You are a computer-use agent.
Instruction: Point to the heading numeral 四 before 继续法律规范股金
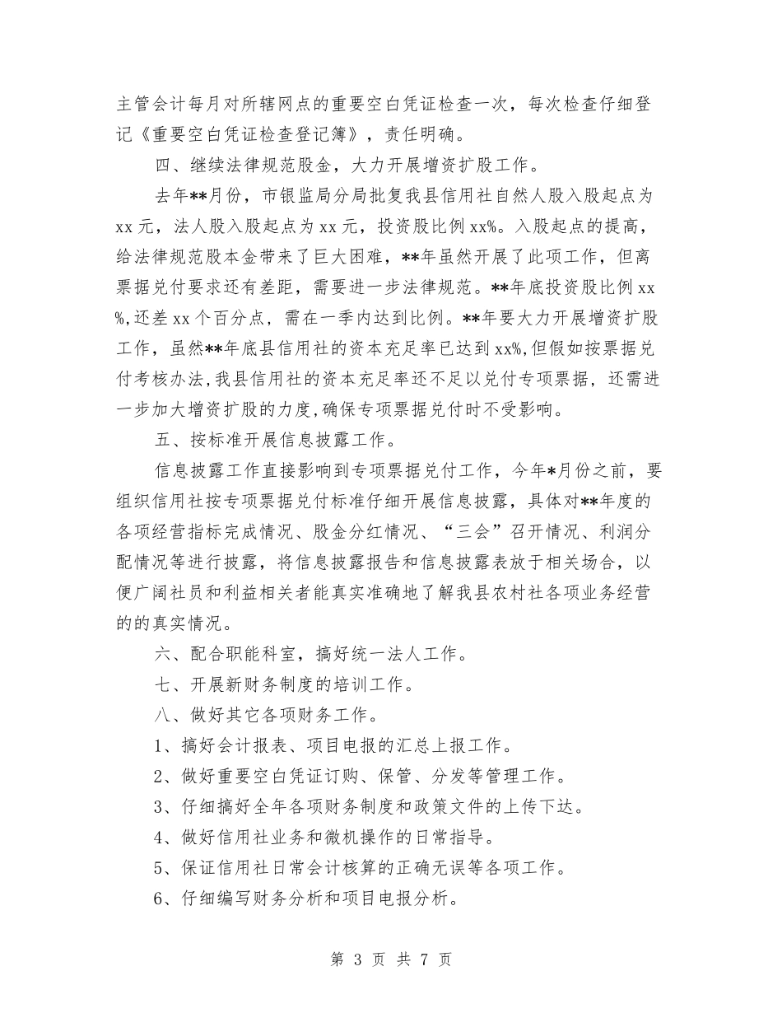pos(163,166)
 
